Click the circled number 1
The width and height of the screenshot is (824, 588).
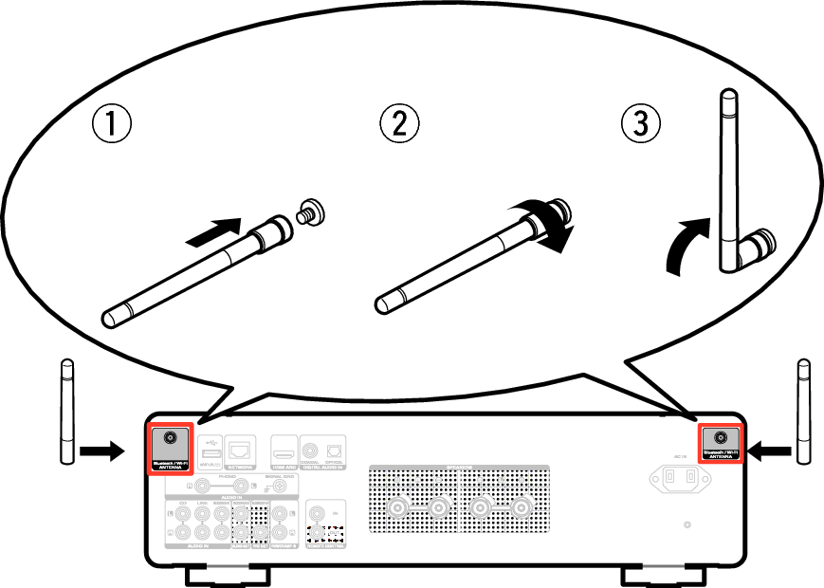point(111,124)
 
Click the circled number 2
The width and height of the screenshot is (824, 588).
point(399,123)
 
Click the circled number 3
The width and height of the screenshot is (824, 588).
point(641,123)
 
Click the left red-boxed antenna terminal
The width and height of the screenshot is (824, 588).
point(171,439)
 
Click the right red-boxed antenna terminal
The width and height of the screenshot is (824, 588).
point(720,437)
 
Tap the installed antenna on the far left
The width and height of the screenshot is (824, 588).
point(66,412)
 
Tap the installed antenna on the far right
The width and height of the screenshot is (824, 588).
point(804,412)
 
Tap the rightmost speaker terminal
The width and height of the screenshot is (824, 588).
point(521,508)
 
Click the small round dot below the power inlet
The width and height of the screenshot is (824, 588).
point(687,524)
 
